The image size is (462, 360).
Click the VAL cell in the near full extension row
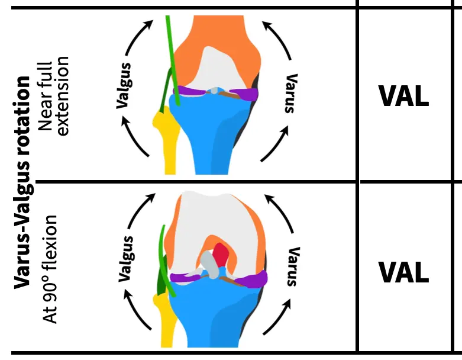(x=403, y=96)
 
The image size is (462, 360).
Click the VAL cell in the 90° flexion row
(x=403, y=272)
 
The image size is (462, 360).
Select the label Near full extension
(x=53, y=97)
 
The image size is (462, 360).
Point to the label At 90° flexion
(x=50, y=269)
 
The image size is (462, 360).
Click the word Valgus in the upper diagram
(x=124, y=85)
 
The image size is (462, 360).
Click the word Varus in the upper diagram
(x=291, y=94)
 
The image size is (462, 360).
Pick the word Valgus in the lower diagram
(x=126, y=259)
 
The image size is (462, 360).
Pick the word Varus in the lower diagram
(x=293, y=266)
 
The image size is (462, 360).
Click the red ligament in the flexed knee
(x=221, y=255)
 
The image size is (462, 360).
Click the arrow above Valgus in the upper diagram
(x=137, y=35)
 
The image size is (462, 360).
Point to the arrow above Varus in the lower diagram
(x=280, y=212)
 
